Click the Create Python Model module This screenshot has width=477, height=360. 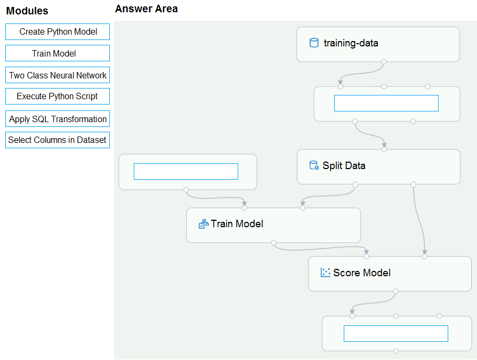pyautogui.click(x=58, y=31)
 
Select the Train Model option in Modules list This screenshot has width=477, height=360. pyautogui.click(x=58, y=53)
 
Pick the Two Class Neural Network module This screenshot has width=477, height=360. pyautogui.click(x=58, y=75)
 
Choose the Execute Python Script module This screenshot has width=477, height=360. pyautogui.click(x=58, y=96)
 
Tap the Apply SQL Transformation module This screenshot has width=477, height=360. pyautogui.click(x=58, y=119)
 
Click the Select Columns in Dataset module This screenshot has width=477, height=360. pyautogui.click(x=58, y=140)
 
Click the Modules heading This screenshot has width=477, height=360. pyautogui.click(x=27, y=11)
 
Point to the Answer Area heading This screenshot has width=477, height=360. pyautogui.click(x=147, y=9)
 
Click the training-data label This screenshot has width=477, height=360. pyautogui.click(x=351, y=43)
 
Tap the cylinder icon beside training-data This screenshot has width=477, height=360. pyautogui.click(x=314, y=43)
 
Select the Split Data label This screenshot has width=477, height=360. pyautogui.click(x=344, y=165)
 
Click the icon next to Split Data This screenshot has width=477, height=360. pyautogui.click(x=314, y=165)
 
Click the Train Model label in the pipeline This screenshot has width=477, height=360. pyautogui.click(x=237, y=223)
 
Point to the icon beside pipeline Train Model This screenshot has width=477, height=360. pyautogui.click(x=204, y=223)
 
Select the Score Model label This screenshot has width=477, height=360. pyautogui.click(x=362, y=273)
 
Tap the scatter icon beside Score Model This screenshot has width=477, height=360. pyautogui.click(x=326, y=273)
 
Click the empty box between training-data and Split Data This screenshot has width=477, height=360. pyautogui.click(x=386, y=103)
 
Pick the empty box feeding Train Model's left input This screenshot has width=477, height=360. pyautogui.click(x=186, y=171)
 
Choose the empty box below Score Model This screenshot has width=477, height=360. pyautogui.click(x=396, y=333)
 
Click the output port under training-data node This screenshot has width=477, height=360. pyautogui.click(x=384, y=62)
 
